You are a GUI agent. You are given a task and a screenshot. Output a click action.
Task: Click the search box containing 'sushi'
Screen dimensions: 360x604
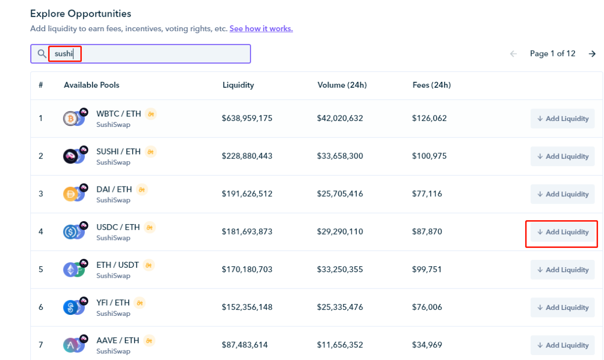tap(149, 54)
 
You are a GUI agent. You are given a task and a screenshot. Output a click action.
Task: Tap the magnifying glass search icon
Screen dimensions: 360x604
tap(42, 54)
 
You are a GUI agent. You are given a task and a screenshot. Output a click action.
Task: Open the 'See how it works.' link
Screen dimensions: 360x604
tap(261, 29)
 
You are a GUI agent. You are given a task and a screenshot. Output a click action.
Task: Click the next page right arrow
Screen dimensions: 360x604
tap(592, 54)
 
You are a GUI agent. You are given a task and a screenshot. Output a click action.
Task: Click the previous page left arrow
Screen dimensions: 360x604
tap(514, 54)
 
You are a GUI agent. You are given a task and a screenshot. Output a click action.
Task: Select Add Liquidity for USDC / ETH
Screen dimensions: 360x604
tap(562, 232)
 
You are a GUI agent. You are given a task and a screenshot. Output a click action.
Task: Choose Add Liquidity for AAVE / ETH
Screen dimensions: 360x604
tap(562, 345)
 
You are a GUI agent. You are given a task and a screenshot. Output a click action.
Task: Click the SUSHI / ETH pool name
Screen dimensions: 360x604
tap(119, 151)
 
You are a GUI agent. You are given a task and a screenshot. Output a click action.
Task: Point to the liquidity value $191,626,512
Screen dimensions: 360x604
tap(247, 194)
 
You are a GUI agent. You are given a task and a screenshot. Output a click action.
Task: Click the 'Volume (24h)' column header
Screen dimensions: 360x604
tap(342, 85)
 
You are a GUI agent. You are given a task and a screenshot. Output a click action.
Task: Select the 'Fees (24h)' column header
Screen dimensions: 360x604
tap(431, 85)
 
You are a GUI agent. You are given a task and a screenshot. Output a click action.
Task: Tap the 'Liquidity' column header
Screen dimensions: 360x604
tap(238, 85)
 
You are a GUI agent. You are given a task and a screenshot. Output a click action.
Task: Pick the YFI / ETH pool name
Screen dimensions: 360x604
tap(113, 302)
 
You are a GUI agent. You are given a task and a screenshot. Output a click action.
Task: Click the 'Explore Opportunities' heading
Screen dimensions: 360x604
tap(81, 13)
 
